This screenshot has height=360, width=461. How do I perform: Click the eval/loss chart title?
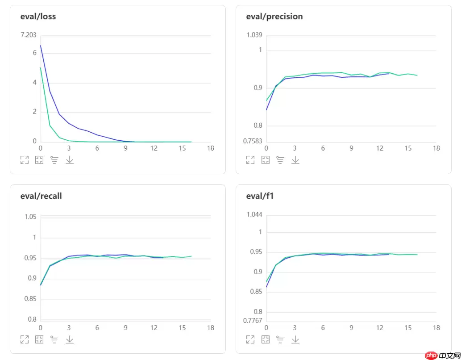tap(38, 17)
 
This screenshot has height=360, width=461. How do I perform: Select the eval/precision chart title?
tap(274, 17)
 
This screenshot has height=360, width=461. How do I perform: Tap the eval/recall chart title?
tap(41, 196)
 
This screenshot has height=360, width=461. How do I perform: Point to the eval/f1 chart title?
tap(256, 196)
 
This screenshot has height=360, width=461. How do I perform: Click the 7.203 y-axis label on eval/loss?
tap(29, 35)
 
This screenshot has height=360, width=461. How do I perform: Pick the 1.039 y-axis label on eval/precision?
tap(254, 35)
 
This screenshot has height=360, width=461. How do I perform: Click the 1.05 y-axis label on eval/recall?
tap(30, 217)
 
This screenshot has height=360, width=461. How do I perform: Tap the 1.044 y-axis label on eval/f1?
tap(254, 214)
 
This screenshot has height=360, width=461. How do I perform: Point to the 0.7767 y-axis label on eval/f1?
tap(253, 320)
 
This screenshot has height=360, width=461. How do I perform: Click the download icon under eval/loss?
tap(70, 160)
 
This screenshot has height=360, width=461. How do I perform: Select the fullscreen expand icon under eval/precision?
tap(250, 160)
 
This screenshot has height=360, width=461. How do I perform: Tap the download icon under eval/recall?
tap(70, 339)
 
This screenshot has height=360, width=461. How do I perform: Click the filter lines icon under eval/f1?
tap(280, 339)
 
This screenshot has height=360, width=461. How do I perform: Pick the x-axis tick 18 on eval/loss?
tap(211, 148)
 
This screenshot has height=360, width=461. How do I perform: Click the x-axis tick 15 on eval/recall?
tap(182, 328)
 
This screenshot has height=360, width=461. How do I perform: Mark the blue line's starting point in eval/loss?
tap(41, 45)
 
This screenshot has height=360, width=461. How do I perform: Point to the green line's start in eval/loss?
tap(41, 67)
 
